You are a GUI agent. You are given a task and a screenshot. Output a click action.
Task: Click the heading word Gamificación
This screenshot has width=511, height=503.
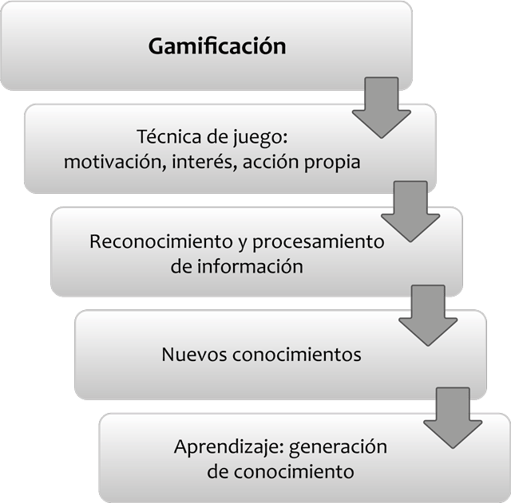click(x=217, y=45)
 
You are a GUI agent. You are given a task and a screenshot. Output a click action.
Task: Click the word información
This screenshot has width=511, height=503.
click(x=248, y=265)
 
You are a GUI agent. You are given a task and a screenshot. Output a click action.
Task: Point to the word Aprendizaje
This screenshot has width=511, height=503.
click(x=216, y=446)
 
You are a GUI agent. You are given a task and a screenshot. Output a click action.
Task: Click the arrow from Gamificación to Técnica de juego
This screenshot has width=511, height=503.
click(x=381, y=108)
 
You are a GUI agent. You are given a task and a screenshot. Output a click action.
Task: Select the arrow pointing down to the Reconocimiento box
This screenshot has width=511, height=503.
click(x=410, y=210)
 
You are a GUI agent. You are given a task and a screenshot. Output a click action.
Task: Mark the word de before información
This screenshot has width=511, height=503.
click(x=181, y=265)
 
